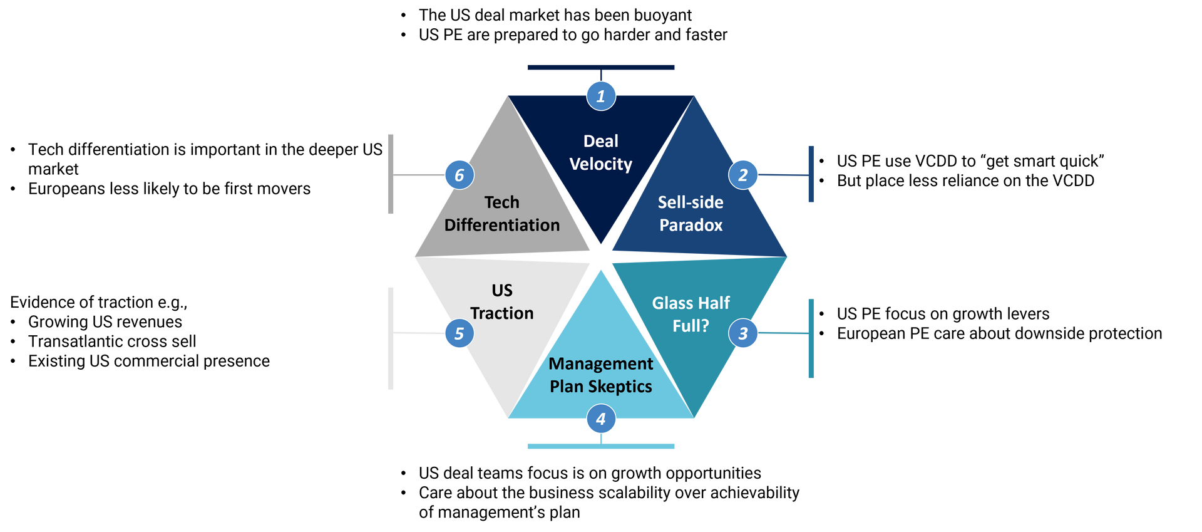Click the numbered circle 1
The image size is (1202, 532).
click(x=601, y=96)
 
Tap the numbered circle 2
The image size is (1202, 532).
click(x=743, y=175)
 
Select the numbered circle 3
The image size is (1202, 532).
click(x=743, y=333)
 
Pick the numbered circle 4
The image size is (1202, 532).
click(x=601, y=419)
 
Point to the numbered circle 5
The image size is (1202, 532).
click(x=459, y=333)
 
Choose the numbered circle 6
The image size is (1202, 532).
click(x=459, y=175)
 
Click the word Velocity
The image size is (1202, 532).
click(x=601, y=164)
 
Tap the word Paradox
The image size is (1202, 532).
click(x=691, y=225)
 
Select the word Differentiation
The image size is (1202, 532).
click(x=502, y=225)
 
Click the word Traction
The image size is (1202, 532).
click(x=502, y=313)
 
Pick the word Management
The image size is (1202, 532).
click(x=601, y=363)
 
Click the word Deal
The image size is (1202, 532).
click(x=601, y=141)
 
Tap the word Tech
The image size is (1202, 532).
click(x=502, y=202)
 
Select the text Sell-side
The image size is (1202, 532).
click(x=691, y=202)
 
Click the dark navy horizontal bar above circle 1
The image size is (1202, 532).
click(x=601, y=67)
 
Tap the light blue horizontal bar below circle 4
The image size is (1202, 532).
click(x=601, y=447)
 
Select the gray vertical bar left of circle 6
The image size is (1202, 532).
click(x=391, y=174)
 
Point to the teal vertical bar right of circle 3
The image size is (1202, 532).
click(x=811, y=338)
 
